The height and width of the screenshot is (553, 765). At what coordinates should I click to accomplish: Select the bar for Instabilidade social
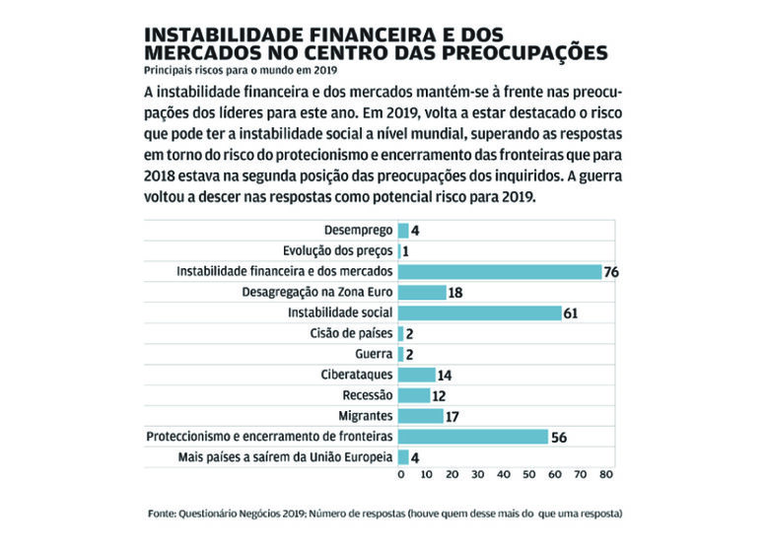click(480, 312)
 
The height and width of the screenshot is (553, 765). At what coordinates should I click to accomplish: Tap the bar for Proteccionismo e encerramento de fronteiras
click(474, 436)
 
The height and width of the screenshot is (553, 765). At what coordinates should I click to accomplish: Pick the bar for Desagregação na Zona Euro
click(423, 293)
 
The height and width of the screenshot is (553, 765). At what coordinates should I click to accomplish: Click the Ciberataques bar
click(417, 375)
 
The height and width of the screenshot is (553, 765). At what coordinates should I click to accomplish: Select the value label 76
click(611, 272)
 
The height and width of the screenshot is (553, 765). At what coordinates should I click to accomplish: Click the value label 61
click(571, 312)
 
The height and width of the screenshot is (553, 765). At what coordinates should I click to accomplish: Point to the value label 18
click(455, 293)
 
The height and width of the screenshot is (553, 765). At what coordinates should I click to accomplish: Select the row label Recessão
click(368, 395)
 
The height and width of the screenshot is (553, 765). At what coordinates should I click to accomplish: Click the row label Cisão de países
click(352, 333)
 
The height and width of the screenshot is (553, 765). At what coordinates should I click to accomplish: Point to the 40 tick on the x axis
click(503, 474)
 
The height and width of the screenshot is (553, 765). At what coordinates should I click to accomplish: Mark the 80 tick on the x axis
click(606, 474)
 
